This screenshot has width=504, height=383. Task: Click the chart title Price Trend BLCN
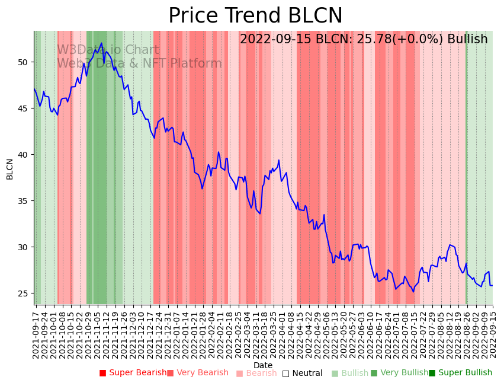pos(255,16)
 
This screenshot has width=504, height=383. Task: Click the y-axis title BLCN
pos(10,169)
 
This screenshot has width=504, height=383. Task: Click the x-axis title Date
pos(263,365)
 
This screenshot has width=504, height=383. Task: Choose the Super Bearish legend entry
pos(133,373)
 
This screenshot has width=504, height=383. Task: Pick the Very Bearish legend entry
pos(198,373)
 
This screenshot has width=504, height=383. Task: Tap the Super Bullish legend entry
pos(461,373)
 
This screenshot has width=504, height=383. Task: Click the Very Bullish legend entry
pos(399,373)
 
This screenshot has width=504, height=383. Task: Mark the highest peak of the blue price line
pos(102,43)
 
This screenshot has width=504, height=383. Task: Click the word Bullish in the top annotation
pos(467,39)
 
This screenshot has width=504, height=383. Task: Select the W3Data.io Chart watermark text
pos(108,50)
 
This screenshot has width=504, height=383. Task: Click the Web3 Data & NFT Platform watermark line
pos(139,64)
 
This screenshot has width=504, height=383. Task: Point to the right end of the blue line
pos(492,286)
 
